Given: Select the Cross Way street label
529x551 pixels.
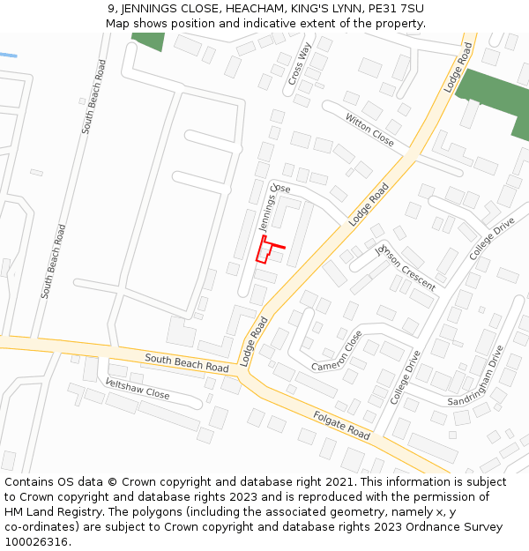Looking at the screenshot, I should coord(300,64).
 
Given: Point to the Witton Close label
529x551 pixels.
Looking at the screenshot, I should coord(369,130).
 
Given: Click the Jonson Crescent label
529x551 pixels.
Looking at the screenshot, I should coord(405,267).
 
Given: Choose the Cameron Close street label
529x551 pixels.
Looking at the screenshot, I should coord(337,351).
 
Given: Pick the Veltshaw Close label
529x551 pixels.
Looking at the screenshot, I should coord(137,388).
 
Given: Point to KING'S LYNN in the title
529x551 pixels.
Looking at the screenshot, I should coord(325,9).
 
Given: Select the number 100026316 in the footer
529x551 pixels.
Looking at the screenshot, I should coord(37,541).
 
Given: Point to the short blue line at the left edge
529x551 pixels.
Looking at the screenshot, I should coord(8,55).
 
